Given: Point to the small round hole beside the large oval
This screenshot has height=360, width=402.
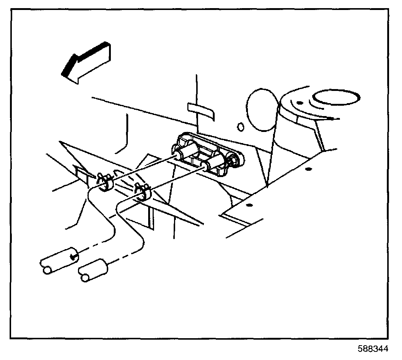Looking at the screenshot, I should point(241,127).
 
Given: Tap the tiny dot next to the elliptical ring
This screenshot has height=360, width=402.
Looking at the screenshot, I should point(300,102).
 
